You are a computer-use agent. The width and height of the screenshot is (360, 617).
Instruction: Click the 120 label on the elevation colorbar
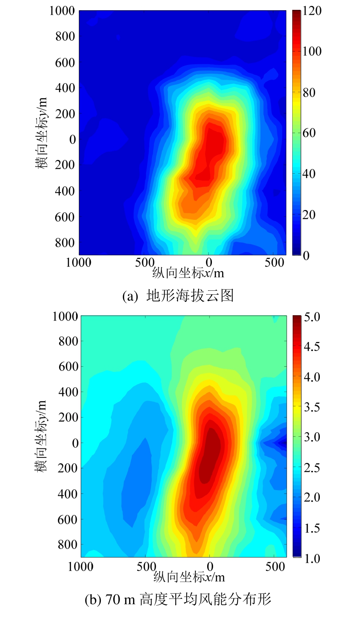[312, 11]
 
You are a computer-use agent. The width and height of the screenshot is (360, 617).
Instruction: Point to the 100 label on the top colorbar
[312, 52]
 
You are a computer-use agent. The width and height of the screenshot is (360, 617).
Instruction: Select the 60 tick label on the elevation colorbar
[309, 133]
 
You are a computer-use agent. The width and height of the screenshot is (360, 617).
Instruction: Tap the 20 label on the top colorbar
[309, 215]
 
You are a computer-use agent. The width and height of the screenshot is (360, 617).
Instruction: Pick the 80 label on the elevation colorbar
[309, 93]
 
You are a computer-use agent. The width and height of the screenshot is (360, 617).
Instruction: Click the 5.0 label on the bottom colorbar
[312, 317]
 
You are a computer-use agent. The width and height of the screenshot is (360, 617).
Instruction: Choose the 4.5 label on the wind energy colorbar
[312, 347]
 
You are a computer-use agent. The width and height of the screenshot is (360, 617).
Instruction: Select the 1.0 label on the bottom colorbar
[312, 558]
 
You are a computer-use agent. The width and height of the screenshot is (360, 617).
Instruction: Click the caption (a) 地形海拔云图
[178, 295]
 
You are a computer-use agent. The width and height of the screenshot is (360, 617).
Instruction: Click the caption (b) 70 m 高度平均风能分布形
[178, 600]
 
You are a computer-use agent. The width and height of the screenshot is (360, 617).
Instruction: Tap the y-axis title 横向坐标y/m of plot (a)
[42, 133]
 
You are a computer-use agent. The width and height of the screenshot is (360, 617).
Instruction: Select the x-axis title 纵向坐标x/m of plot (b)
[189, 577]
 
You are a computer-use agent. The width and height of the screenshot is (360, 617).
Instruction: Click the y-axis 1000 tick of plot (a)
[62, 11]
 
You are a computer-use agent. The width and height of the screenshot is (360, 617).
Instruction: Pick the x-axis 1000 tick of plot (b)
[80, 567]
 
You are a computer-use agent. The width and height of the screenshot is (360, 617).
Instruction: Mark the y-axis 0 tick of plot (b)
[74, 443]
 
